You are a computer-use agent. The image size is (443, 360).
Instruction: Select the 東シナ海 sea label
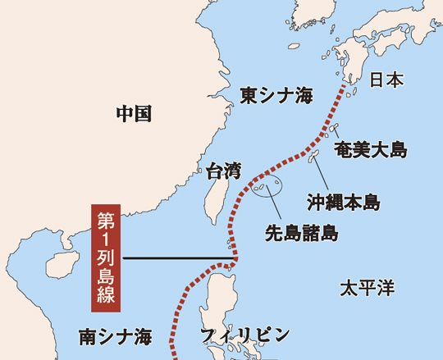click(x=276, y=97)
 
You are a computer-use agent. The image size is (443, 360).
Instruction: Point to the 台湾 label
click(x=223, y=171)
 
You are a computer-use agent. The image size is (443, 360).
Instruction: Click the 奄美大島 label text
click(x=371, y=149)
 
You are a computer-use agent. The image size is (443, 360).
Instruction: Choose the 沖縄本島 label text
click(x=344, y=201)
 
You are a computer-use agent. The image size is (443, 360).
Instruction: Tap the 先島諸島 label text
click(x=302, y=233)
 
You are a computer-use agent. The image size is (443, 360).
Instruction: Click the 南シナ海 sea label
click(x=116, y=336)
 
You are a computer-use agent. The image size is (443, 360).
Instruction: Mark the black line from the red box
click(x=176, y=260)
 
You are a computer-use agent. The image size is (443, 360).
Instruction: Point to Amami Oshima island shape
click(x=335, y=127)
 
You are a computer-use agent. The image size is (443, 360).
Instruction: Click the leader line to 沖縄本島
click(x=324, y=176)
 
